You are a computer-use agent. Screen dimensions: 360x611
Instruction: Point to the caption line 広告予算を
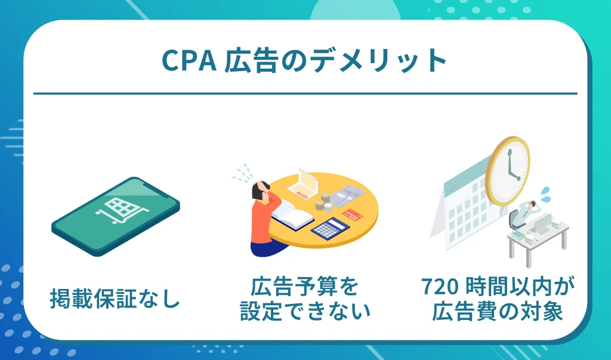click(x=305, y=288)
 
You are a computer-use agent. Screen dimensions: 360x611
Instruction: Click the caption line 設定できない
click(x=305, y=311)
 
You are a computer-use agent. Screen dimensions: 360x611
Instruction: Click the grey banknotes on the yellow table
click(x=351, y=194)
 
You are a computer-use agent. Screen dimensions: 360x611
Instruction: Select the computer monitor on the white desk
click(x=544, y=224)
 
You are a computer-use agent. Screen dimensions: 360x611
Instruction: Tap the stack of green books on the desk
click(x=517, y=234)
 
